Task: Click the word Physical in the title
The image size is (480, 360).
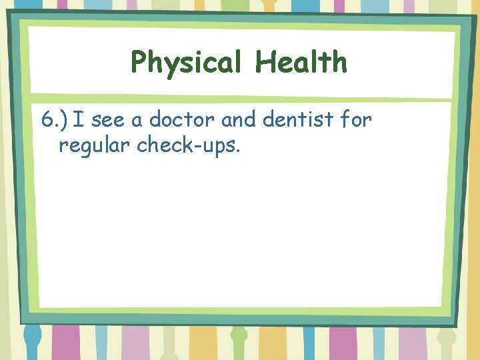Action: (186, 63)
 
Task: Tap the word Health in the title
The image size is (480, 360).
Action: (301, 62)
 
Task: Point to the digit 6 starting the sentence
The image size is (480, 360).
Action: (47, 120)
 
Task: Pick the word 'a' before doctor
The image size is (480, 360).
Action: (138, 121)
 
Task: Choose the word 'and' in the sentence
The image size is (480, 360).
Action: (237, 120)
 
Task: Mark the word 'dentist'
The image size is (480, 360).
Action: (297, 120)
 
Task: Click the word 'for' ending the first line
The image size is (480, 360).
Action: (355, 120)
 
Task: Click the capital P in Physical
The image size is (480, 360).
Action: (139, 63)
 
